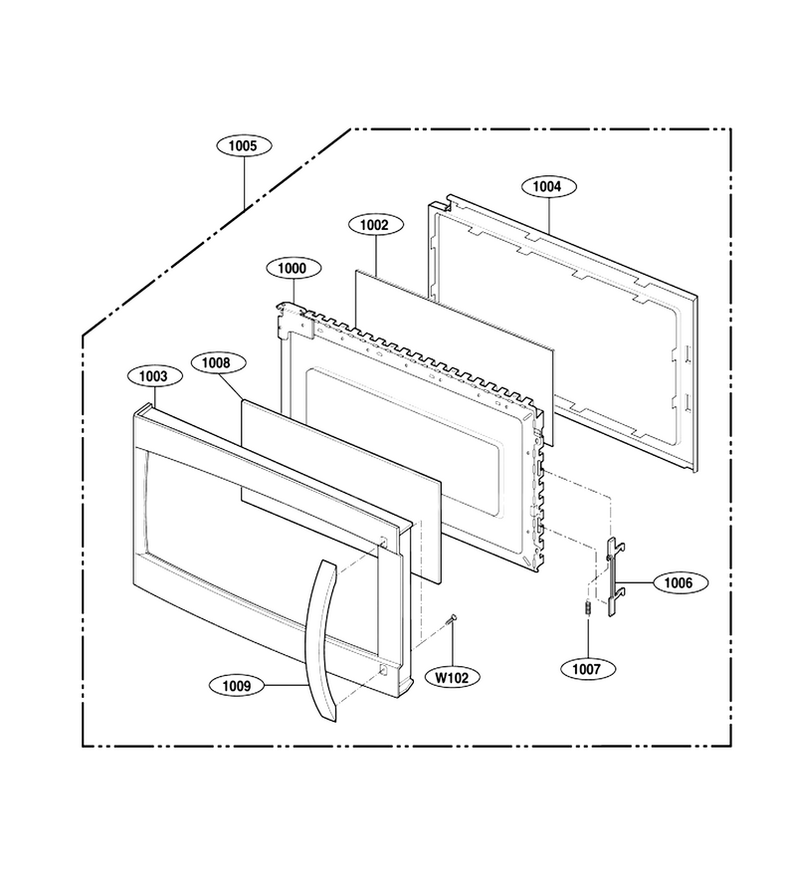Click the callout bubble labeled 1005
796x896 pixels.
(x=244, y=145)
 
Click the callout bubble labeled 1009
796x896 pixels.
(x=237, y=685)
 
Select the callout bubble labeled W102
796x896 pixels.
(x=453, y=678)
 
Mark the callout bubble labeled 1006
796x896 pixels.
(x=680, y=582)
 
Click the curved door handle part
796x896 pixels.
(x=321, y=640)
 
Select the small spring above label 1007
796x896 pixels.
(x=586, y=608)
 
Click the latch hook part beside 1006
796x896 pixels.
(x=612, y=577)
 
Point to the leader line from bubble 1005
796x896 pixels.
(x=245, y=183)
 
